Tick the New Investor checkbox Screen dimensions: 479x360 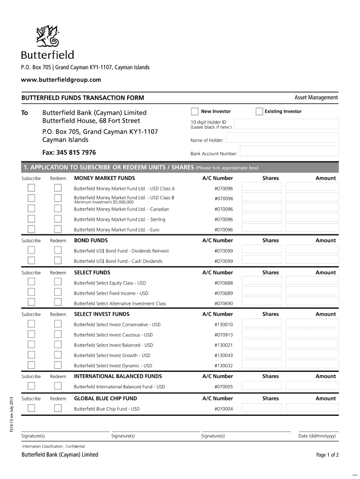coord(195,112)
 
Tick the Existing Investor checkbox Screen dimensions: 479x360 coord(259,112)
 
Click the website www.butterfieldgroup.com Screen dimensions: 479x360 coord(61,80)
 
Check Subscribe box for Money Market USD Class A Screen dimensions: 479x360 coord(31,188)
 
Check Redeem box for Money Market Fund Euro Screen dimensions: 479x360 coord(58,229)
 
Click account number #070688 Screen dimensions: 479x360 coord(223,283)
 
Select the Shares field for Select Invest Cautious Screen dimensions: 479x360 coord(262,334)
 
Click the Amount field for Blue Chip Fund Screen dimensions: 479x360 coord(311,408)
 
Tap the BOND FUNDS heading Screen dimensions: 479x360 coord(91,240)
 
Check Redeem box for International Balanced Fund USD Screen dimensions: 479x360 coord(58,386)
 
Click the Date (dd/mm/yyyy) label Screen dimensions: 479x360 coord(317,436)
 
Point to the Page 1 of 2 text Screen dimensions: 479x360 coord(327,455)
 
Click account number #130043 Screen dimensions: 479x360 coord(223,355)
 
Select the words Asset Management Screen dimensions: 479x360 coord(316,97)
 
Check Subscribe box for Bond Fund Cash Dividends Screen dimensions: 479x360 coord(31,261)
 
